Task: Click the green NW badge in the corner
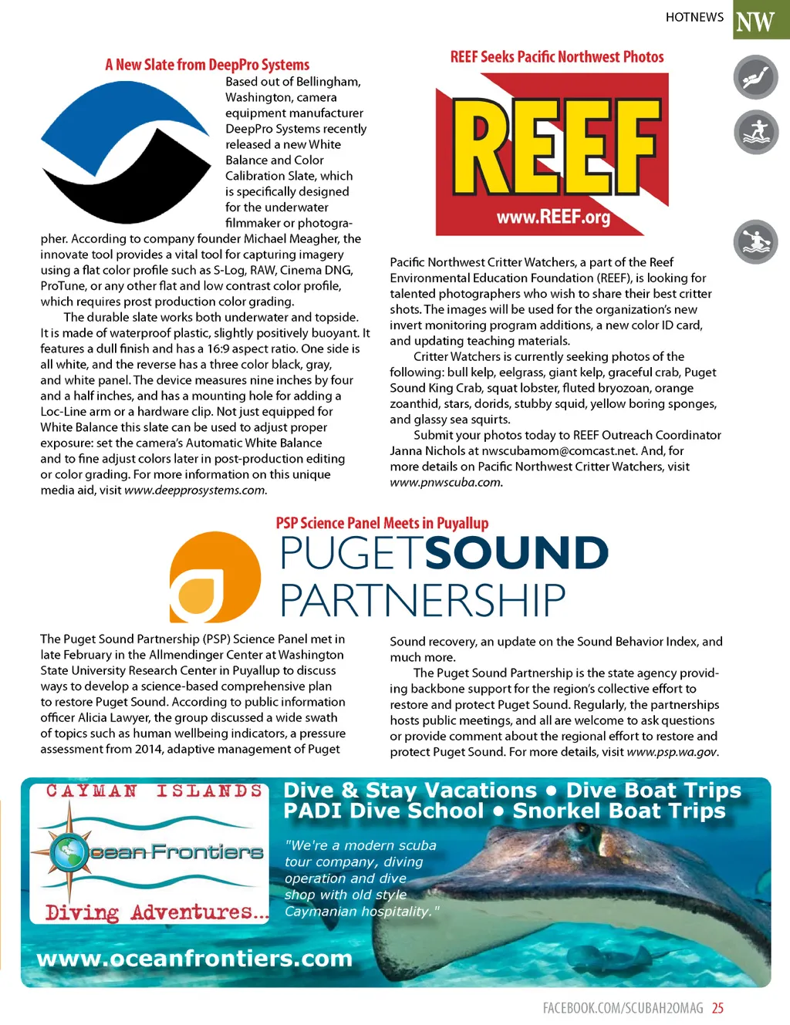(x=759, y=19)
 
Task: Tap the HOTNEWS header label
(x=694, y=17)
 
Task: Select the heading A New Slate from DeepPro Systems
(x=207, y=65)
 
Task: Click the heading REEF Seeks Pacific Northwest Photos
(x=556, y=57)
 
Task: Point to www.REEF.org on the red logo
(x=553, y=217)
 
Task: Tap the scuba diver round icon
(x=755, y=77)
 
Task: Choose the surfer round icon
(x=755, y=132)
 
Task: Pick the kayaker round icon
(x=755, y=241)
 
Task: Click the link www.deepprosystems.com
(x=194, y=491)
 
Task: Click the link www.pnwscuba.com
(x=446, y=483)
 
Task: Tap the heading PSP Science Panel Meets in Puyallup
(x=382, y=523)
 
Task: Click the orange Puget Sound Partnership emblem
(x=214, y=576)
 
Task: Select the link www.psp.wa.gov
(x=672, y=752)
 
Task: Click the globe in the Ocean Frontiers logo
(x=69, y=851)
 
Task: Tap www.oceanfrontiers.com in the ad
(x=194, y=959)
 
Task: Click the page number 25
(x=717, y=1008)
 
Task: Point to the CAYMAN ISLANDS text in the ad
(x=154, y=791)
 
